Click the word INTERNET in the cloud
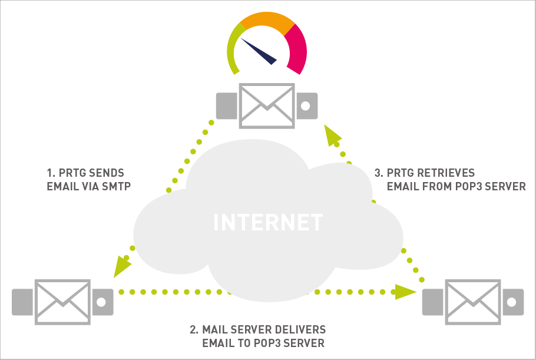pos(268,222)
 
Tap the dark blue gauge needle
pos(260,51)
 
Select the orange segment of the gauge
pos(266,21)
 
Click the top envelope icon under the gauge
pos(266,105)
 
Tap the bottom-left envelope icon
pos(62,301)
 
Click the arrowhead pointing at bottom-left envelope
pos(122,266)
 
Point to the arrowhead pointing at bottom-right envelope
pos(405,292)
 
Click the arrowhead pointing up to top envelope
pos(332,136)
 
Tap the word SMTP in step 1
pos(115,187)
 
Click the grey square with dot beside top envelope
pos(306,105)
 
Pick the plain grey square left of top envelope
pos(226,105)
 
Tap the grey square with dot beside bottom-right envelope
pos(512,301)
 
